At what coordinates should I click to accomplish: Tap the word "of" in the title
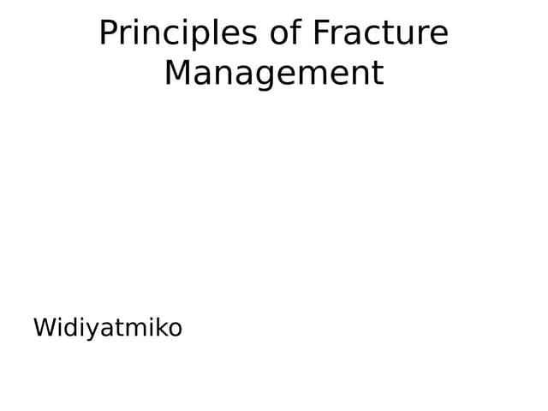point(285,33)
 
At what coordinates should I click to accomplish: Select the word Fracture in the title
point(380,33)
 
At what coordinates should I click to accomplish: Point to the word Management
point(274,73)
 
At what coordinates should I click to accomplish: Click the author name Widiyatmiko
point(108,327)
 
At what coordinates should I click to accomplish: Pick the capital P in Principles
point(108,33)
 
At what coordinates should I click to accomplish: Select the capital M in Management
point(177,73)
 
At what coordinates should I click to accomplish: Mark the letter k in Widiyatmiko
point(159,327)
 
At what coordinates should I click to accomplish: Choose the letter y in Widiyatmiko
point(92,330)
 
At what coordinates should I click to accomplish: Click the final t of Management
point(378,73)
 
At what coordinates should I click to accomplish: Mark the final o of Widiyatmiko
point(174,329)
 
